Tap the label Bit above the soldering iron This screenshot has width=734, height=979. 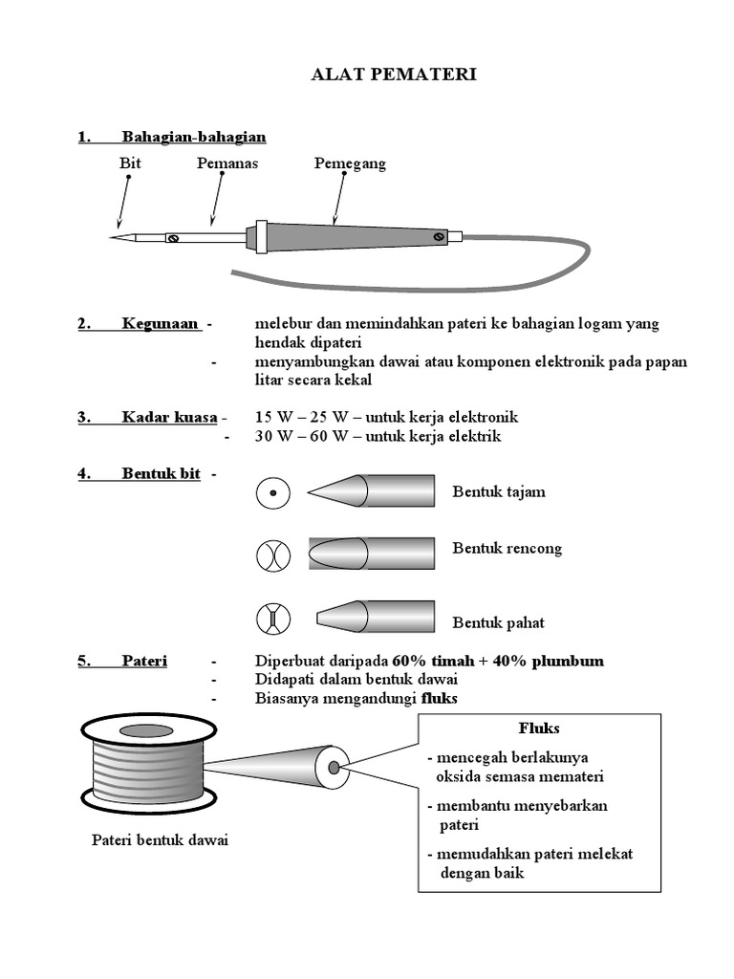pos(130,163)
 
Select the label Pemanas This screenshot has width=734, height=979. pos(227,163)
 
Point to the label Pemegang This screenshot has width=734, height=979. pos(350,163)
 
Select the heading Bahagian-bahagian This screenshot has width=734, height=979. pos(194,137)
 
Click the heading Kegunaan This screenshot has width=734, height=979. pos(160,324)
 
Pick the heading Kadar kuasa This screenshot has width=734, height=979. pos(170,417)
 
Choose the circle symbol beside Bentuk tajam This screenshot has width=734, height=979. pos(272,493)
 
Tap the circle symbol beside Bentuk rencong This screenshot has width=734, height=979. pos(272,555)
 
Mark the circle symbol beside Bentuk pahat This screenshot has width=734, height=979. pos(272,619)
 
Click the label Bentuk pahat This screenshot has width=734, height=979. pos(498,622)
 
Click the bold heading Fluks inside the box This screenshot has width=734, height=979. pos(539,729)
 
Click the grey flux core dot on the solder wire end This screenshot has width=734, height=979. pos(334,767)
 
